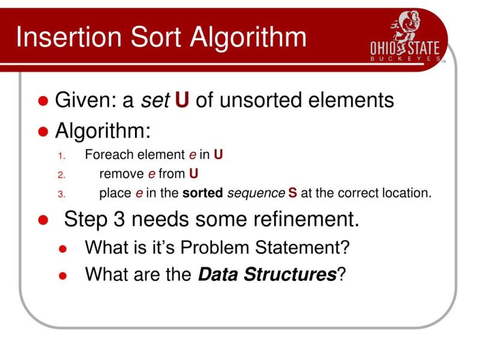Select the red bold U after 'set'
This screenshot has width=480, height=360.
pyautogui.click(x=182, y=100)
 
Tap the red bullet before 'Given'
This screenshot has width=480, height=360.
pyautogui.click(x=43, y=101)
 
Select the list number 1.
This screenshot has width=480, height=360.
pyautogui.click(x=60, y=157)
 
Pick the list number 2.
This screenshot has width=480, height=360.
pyautogui.click(x=60, y=175)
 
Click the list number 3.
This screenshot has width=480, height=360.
pyautogui.click(x=60, y=194)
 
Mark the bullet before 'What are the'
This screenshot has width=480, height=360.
pyautogui.click(x=64, y=275)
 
